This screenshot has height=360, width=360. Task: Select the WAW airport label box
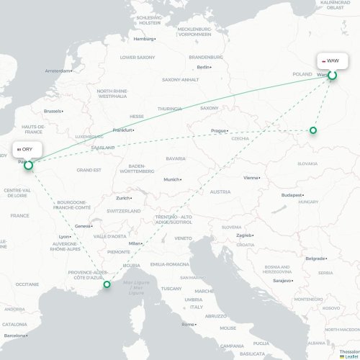[333, 61]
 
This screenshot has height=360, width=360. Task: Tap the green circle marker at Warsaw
[332, 75]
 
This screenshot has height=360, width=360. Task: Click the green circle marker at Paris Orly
[29, 166]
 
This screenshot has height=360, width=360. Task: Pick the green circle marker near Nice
[107, 284]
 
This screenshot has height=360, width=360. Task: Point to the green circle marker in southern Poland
[312, 130]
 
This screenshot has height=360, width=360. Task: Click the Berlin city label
[204, 67]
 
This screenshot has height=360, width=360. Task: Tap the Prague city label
[219, 131]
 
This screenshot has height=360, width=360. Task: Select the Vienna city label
[251, 177]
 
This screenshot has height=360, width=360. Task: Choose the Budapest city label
[292, 194]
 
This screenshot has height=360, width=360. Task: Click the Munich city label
[171, 179]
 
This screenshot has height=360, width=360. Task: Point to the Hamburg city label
[144, 39]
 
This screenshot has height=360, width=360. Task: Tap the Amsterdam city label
[58, 71]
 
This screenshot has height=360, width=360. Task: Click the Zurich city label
[123, 198]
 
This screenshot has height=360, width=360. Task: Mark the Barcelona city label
[14, 336]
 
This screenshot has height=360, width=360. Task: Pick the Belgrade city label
[315, 258]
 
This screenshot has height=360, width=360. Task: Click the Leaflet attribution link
[349, 356]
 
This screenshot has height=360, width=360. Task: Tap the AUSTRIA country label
[220, 192]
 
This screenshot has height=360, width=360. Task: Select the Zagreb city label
[245, 235]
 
